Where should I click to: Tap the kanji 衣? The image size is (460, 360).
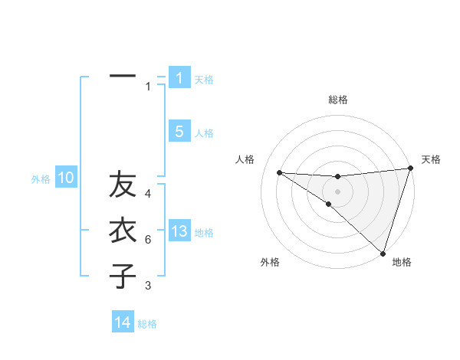coord(123,231)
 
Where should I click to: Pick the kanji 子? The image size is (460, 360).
coord(123,275)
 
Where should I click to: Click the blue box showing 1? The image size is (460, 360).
coord(179,77)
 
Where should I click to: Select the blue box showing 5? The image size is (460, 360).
coord(179,132)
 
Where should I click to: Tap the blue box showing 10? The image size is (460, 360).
coord(66,178)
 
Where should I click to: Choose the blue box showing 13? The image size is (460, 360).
coord(179,231)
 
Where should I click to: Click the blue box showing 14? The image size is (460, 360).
coord(123,322)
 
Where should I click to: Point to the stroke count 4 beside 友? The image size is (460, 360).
coord(148,194)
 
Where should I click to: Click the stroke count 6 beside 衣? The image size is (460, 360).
coord(148,240)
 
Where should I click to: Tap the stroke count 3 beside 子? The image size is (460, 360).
coord(148,286)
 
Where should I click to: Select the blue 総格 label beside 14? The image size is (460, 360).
coord(147,324)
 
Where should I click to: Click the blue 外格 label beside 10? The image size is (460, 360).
coord(41,179)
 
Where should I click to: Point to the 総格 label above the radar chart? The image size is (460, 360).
coord(337,100)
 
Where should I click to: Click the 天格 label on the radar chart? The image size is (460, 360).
coord(431,159)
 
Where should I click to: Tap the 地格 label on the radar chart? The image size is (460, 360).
coord(402,262)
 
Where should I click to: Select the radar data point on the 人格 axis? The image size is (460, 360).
coord(279,172)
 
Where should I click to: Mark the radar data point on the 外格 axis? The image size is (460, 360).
coord(329,204)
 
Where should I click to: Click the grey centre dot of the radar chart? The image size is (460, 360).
coord(337,191)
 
